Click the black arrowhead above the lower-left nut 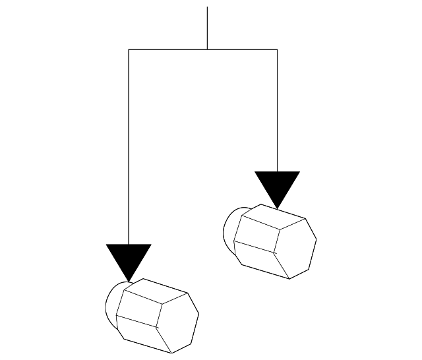(129, 258)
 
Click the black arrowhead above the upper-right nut (277, 185)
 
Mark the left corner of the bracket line (129, 49)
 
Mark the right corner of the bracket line (277, 49)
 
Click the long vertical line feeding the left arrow (129, 145)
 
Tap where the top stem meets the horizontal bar (207, 49)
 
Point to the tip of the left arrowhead (129, 280)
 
